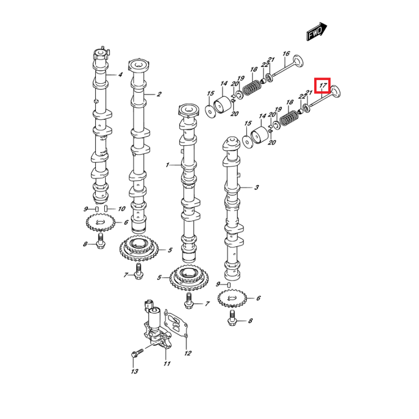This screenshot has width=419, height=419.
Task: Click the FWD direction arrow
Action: point(317,32)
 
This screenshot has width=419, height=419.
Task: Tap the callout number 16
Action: point(286,54)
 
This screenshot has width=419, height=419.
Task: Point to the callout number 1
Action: point(168,165)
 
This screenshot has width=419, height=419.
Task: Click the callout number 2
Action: point(159,94)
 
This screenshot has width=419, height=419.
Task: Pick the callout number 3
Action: point(257,187)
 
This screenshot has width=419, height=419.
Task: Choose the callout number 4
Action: point(120,75)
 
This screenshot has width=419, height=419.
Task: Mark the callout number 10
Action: point(121,209)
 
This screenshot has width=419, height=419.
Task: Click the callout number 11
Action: point(167,363)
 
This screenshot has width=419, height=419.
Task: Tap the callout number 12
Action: point(188,354)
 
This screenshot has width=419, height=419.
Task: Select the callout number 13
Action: point(134,371)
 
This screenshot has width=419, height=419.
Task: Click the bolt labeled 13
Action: point(134,354)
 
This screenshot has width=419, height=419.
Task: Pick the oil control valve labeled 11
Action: point(156,324)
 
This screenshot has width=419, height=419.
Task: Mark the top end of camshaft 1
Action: point(189,110)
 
